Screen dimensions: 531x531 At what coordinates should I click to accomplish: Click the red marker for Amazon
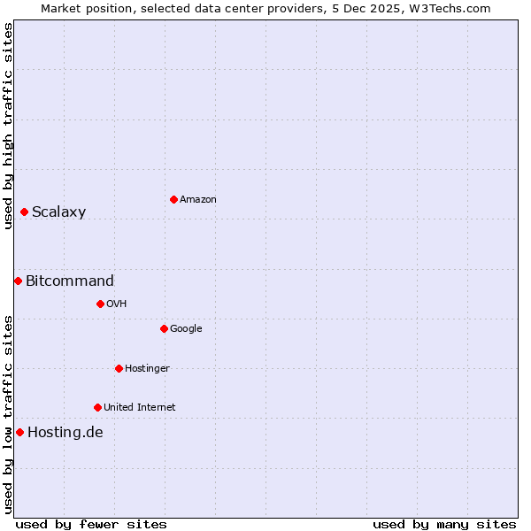[173, 199]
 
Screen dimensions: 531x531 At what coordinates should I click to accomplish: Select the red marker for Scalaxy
[24, 212]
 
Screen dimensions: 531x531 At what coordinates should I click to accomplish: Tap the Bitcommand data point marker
[18, 281]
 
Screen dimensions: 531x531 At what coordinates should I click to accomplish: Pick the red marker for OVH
[100, 304]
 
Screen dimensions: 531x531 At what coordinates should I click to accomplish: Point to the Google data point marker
[164, 328]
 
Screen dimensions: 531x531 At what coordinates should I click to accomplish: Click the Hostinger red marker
[119, 368]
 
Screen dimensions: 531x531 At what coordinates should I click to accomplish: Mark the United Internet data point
[97, 407]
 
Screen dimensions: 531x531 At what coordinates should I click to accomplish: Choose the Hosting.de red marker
[19, 432]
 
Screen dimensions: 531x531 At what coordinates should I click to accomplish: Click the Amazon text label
[198, 200]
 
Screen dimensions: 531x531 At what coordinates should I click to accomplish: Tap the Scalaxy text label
[58, 212]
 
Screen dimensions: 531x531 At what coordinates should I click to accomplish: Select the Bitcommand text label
[70, 281]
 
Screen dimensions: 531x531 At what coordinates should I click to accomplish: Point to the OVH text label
[116, 304]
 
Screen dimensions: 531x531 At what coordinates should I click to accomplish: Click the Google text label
[186, 329]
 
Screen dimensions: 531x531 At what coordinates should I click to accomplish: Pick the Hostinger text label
[147, 369]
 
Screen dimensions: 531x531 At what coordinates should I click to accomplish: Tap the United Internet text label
[139, 408]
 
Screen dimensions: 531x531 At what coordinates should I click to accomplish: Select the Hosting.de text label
[65, 433]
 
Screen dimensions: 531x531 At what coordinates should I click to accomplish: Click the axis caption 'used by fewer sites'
[91, 524]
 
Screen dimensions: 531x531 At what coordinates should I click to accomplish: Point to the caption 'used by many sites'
[444, 524]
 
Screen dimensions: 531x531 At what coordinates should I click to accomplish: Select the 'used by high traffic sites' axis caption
[8, 127]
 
